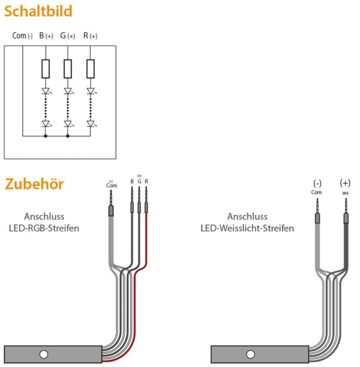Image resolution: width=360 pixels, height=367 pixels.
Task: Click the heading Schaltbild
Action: point(38,11)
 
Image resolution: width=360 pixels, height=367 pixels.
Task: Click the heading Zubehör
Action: point(34,184)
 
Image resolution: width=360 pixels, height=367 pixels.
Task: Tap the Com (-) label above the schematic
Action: point(22,36)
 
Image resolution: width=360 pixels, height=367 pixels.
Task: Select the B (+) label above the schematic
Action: point(46,36)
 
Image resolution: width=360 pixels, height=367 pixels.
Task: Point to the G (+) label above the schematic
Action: point(68,36)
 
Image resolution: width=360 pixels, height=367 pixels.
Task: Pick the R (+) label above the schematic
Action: point(90,36)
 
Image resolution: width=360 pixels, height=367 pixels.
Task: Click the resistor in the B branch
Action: point(46,69)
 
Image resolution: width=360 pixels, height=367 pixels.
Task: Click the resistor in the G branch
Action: point(68,69)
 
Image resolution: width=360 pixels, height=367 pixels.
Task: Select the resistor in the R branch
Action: point(90,69)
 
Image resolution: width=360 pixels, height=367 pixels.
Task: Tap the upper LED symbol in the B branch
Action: point(46,91)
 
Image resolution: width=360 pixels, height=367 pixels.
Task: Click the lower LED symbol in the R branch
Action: point(91,124)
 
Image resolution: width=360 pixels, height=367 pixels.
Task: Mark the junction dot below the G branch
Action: point(68,136)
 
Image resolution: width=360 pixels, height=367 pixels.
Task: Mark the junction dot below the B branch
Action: point(46,136)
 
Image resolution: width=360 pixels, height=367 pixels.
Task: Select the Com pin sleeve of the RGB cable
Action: point(111,210)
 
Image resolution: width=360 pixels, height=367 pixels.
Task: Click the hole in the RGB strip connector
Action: point(44,354)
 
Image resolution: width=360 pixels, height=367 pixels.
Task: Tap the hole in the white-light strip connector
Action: point(250,354)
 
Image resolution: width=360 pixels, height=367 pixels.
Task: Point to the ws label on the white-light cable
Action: point(346,193)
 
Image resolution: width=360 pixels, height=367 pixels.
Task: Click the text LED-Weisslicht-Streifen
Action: point(247,228)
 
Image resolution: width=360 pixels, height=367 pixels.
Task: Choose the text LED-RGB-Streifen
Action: point(44,228)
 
